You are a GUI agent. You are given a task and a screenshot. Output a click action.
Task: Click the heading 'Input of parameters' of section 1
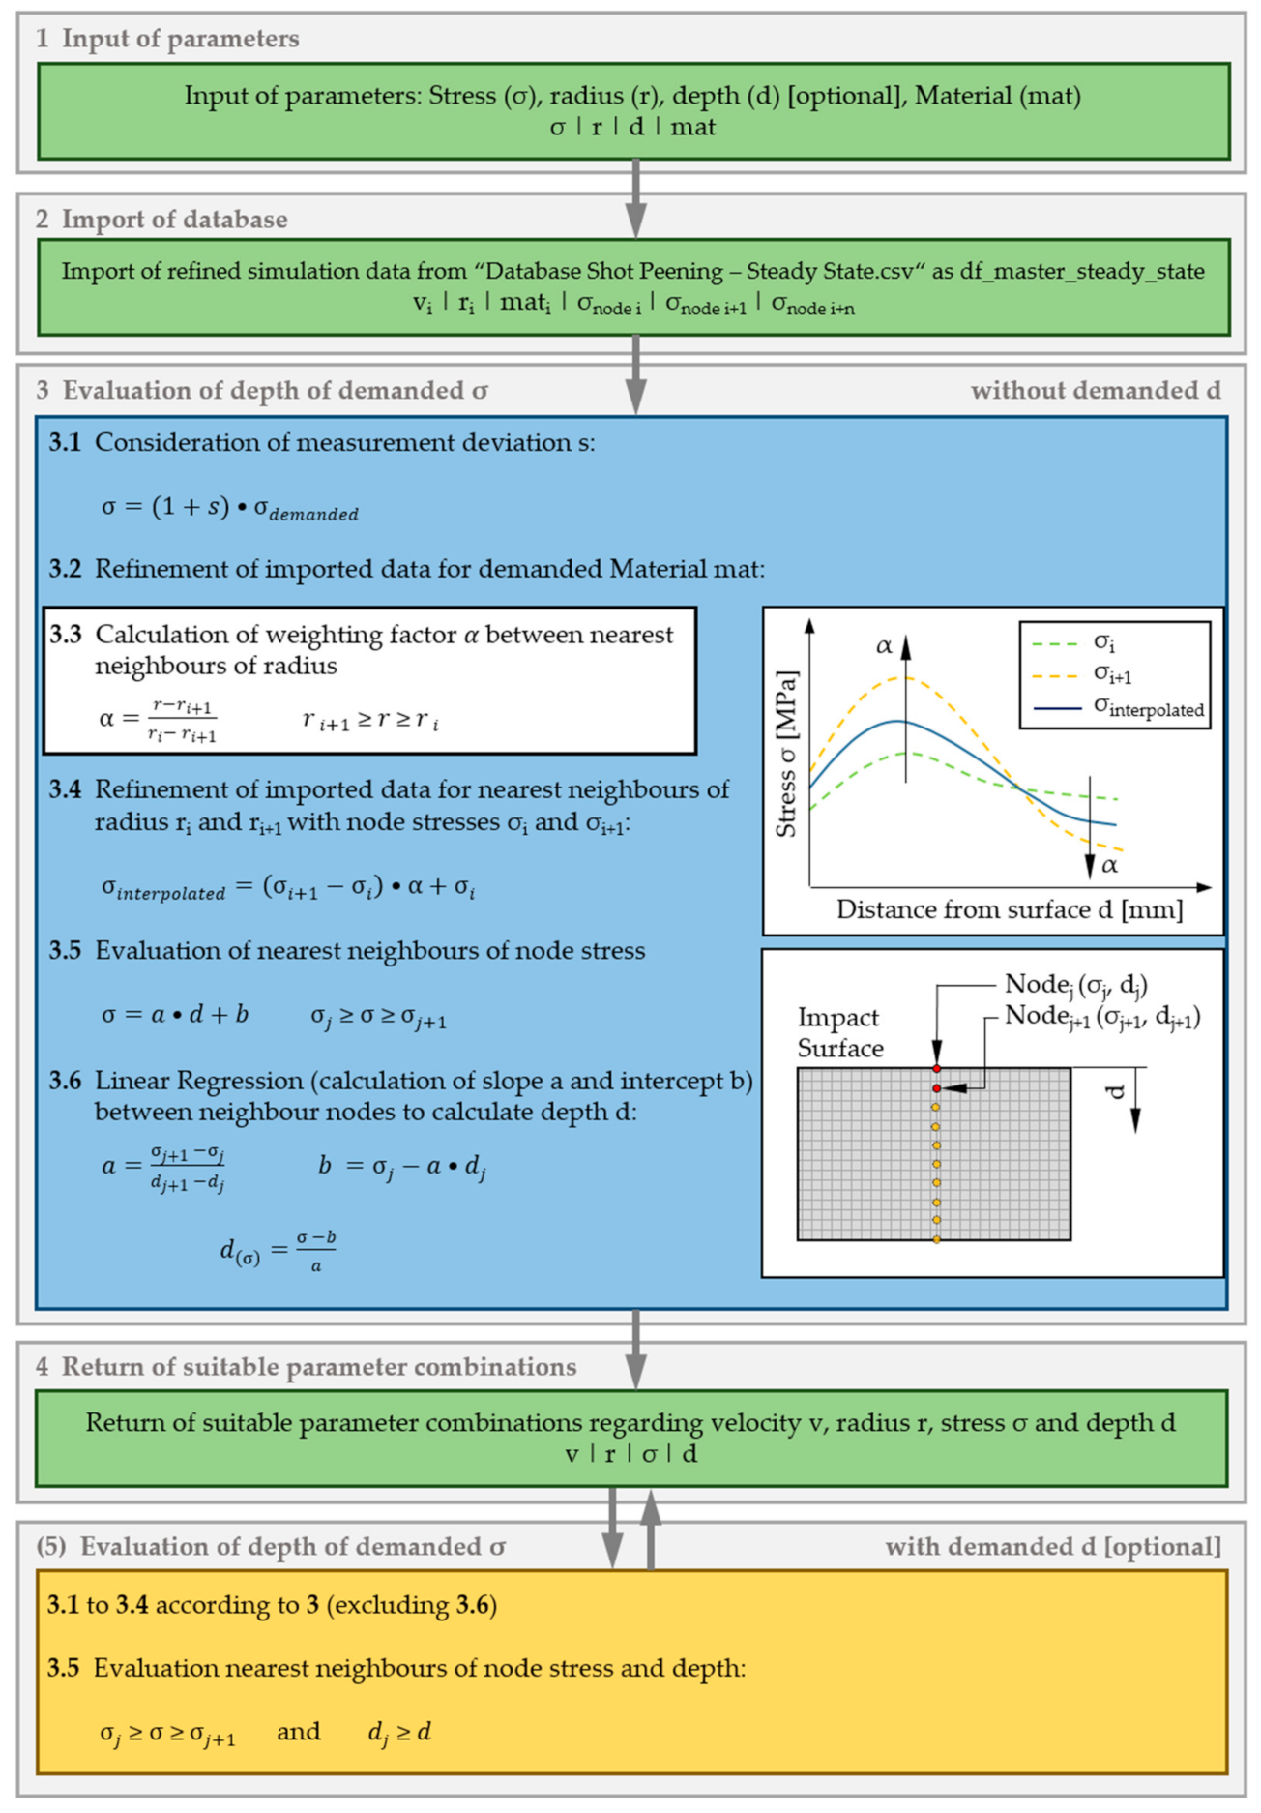pyautogui.click(x=180, y=39)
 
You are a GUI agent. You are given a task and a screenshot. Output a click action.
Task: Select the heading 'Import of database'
pyautogui.click(x=174, y=220)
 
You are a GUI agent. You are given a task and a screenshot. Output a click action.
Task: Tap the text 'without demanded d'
pyautogui.click(x=1095, y=391)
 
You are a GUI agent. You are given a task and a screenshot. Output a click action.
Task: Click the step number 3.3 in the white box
pyautogui.click(x=66, y=635)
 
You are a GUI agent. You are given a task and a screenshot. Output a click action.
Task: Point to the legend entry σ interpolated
pyautogui.click(x=1148, y=708)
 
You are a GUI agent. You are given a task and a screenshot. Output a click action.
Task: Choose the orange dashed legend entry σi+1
pyautogui.click(x=1112, y=674)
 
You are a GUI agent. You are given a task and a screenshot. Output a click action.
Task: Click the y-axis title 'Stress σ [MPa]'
pyautogui.click(x=786, y=755)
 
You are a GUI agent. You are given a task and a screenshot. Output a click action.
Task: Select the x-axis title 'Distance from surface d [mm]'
pyautogui.click(x=1009, y=909)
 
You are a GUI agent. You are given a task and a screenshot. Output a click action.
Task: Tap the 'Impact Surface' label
pyautogui.click(x=838, y=1032)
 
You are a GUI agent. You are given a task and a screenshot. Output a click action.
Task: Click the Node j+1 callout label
pyautogui.click(x=1102, y=1016)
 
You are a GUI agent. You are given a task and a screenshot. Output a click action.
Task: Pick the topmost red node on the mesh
pyautogui.click(x=936, y=1069)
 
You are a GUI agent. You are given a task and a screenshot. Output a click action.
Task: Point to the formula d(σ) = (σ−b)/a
pyautogui.click(x=278, y=1251)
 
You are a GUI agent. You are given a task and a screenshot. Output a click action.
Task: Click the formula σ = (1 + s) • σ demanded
pyautogui.click(x=229, y=508)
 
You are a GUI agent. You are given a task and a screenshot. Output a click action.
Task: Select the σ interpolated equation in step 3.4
pyautogui.click(x=288, y=887)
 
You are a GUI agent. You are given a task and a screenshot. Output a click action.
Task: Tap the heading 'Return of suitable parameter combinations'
pyautogui.click(x=319, y=1367)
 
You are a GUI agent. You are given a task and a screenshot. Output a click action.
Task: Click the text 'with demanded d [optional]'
pyautogui.click(x=1052, y=1547)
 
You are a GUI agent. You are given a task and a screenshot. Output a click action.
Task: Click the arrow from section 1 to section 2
pyautogui.click(x=635, y=198)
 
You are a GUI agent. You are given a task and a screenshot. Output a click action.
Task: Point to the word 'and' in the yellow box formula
pyautogui.click(x=298, y=1731)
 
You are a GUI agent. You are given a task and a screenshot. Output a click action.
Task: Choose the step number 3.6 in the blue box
pyautogui.click(x=66, y=1081)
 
